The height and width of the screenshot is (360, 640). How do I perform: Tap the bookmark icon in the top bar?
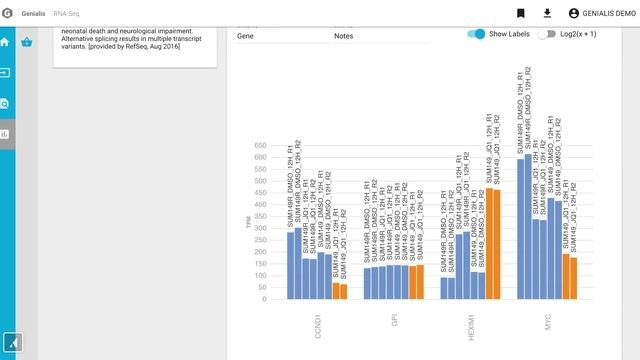pos(521,13)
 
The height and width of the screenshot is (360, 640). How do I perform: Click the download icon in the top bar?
pos(547,13)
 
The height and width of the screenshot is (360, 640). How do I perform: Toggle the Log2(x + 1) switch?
pos(546,34)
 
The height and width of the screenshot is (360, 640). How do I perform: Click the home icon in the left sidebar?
pos(6,43)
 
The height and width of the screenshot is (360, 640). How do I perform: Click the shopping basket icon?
pos(27,42)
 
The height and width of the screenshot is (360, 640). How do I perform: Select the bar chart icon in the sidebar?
pos(6,133)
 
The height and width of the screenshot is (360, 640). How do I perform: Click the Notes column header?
pos(344,35)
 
